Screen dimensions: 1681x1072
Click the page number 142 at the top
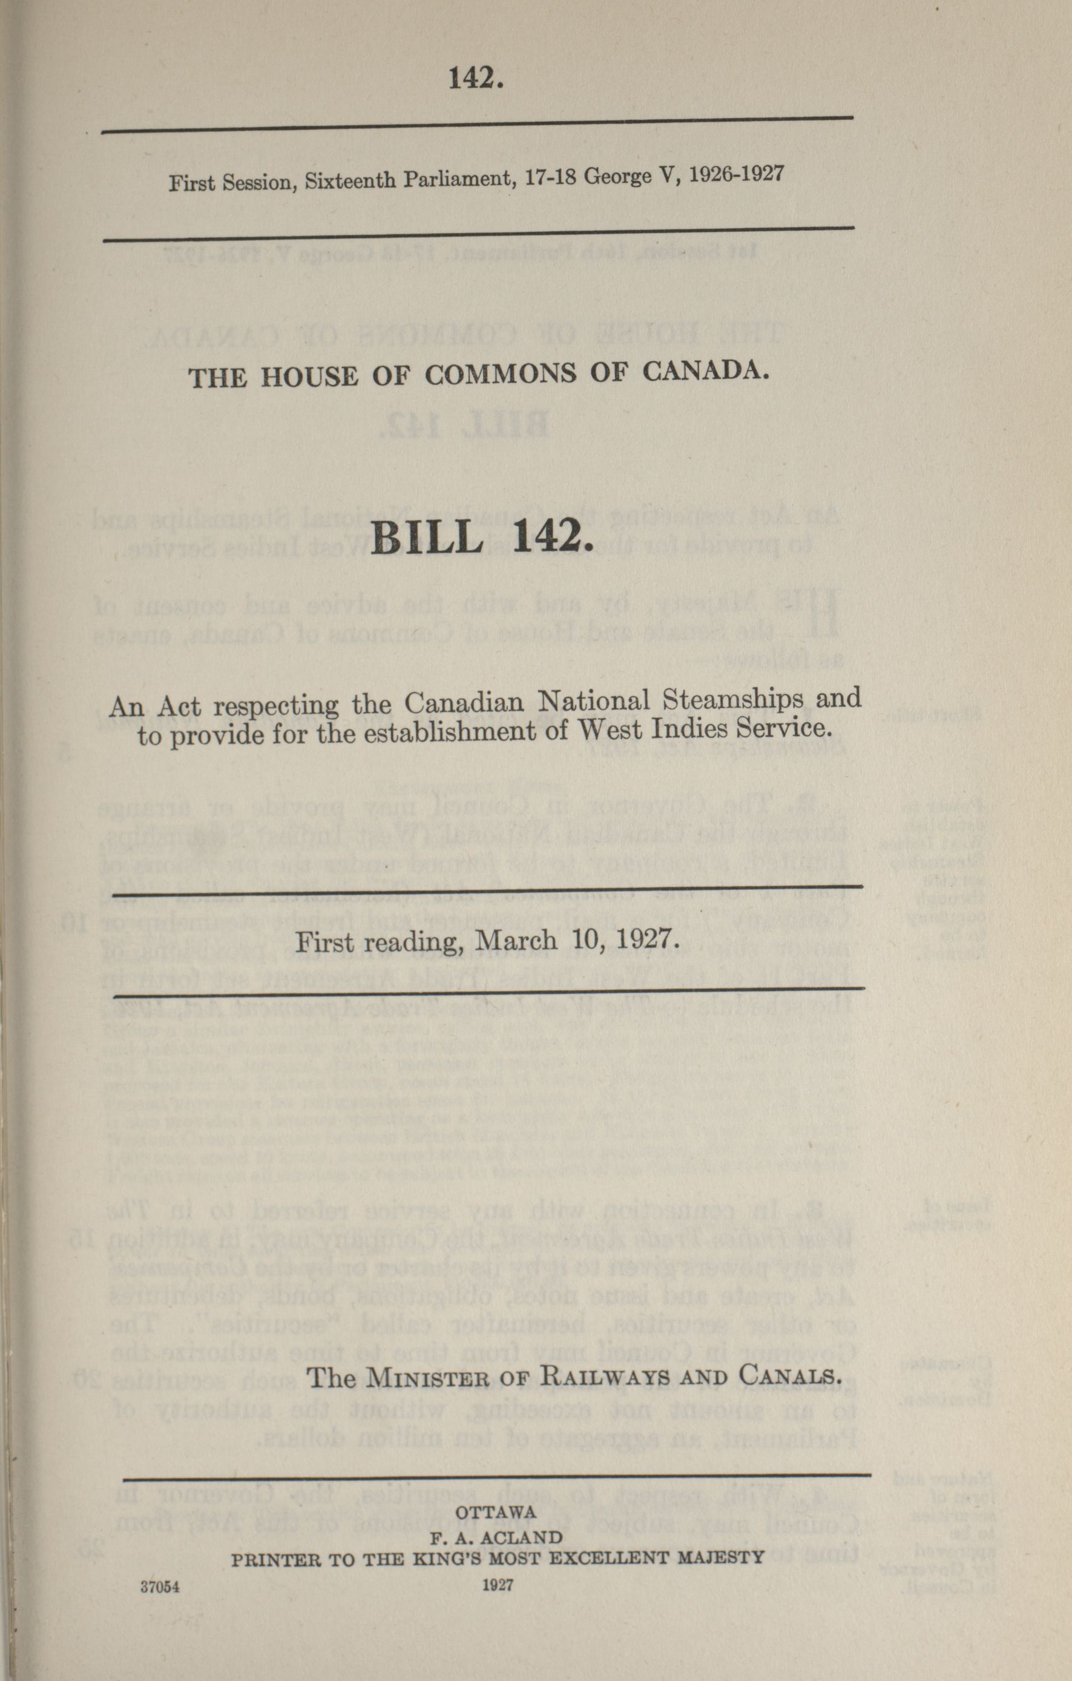[475, 79]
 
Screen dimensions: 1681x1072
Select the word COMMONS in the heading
[501, 374]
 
